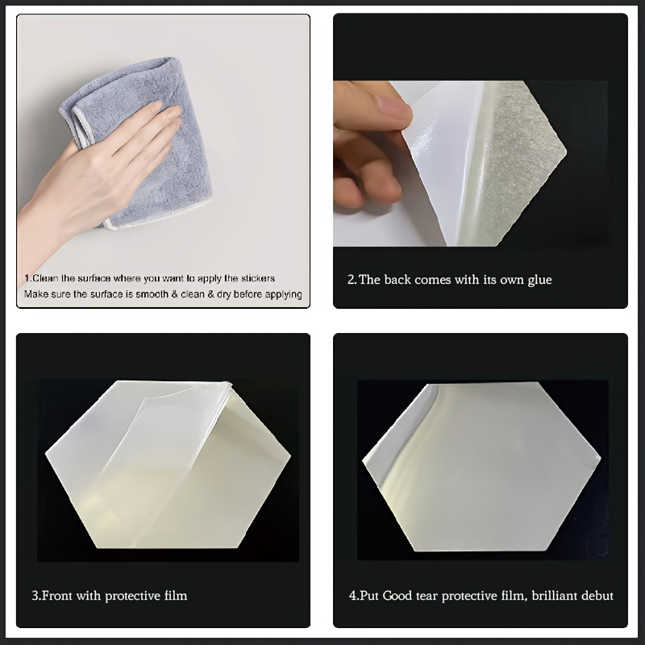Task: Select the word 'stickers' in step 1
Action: click(258, 278)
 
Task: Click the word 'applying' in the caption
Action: click(284, 294)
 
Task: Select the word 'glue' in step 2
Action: click(539, 280)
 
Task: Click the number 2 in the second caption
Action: click(352, 280)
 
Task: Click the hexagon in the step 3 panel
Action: click(168, 464)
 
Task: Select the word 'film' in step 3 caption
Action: click(176, 596)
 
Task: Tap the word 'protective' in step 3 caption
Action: click(133, 596)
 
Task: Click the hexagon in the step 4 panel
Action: click(481, 467)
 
